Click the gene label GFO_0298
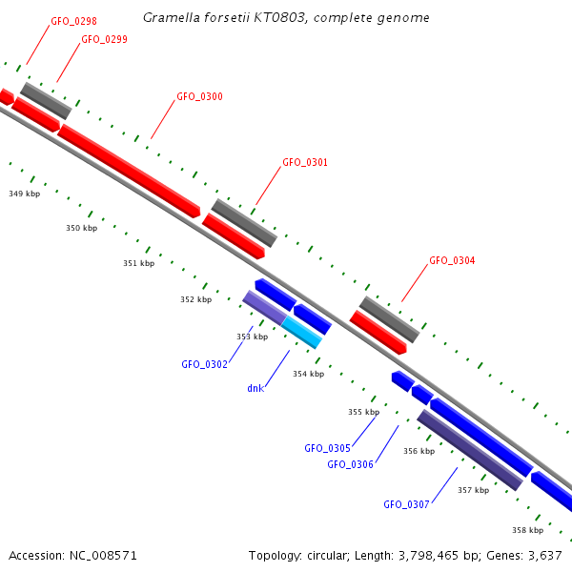pyautogui.click(x=73, y=21)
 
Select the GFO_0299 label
pyautogui.click(x=104, y=40)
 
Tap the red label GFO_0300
pyautogui.click(x=199, y=97)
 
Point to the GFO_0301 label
pyautogui.click(x=305, y=163)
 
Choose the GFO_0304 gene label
pyautogui.click(x=452, y=261)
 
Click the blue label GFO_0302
pyautogui.click(x=204, y=364)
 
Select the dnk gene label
pyautogui.click(x=255, y=388)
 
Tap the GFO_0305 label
pyautogui.click(x=327, y=448)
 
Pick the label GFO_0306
pyautogui.click(x=350, y=464)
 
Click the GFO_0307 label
pyautogui.click(x=406, y=504)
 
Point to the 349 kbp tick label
pyautogui.click(x=25, y=194)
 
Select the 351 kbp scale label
pyautogui.click(x=138, y=263)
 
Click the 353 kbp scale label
pyautogui.click(x=252, y=337)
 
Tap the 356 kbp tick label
pyautogui.click(x=419, y=452)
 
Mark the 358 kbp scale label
pyautogui.click(x=527, y=530)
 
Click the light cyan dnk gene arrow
pyautogui.click(x=302, y=332)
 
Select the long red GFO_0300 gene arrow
pyautogui.click(x=129, y=168)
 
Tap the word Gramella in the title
pyautogui.click(x=168, y=18)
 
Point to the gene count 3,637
pyautogui.click(x=543, y=555)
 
